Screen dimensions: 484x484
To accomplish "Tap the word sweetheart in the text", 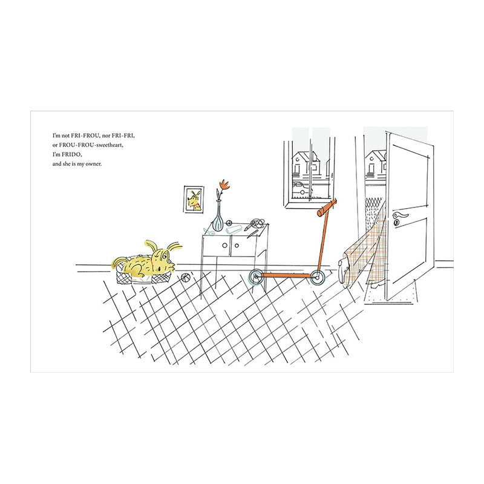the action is click(x=110, y=145).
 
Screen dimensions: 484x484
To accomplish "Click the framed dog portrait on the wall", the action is click(x=194, y=199).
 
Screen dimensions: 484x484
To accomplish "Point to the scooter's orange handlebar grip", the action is click(x=326, y=208).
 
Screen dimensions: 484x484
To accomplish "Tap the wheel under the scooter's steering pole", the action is click(x=316, y=278).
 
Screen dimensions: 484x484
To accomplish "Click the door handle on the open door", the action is click(x=401, y=215).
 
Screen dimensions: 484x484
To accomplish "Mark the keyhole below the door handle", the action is click(x=396, y=222).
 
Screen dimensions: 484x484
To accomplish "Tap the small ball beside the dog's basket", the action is click(x=185, y=278).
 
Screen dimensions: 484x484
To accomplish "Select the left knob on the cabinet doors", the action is click(x=224, y=246).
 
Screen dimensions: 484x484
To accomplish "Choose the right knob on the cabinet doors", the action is click(x=237, y=246).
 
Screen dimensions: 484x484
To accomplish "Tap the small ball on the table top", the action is click(x=229, y=222).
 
